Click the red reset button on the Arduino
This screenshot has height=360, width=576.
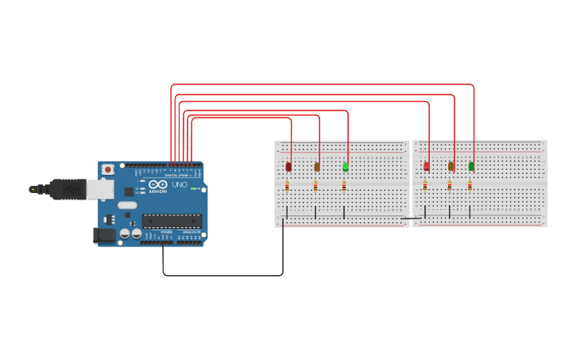(x=107, y=169)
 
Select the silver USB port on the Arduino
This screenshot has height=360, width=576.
(x=99, y=188)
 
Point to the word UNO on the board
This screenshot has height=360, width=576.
(x=180, y=185)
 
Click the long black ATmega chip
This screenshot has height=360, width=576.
(x=172, y=221)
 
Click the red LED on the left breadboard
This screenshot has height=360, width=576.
(x=288, y=166)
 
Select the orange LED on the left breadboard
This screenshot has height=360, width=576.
(x=317, y=166)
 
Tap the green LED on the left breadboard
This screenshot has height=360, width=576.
(x=346, y=166)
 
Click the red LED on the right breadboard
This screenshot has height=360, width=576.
(x=427, y=166)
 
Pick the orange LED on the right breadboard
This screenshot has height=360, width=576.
(x=451, y=166)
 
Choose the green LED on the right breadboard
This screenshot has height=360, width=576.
(x=471, y=166)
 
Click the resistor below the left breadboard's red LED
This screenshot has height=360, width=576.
(x=287, y=186)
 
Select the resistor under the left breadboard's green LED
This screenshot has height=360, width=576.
(x=344, y=186)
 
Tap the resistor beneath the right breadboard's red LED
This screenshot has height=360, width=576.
(x=425, y=186)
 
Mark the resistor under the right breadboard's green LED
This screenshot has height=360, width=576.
(x=470, y=186)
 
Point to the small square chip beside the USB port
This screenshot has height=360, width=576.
(x=129, y=192)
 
